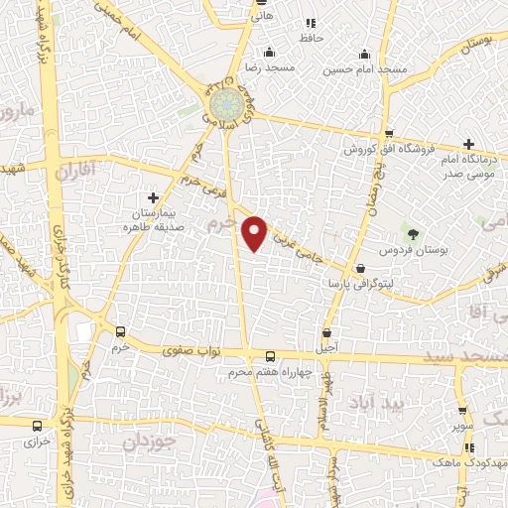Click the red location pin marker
pos(255,231)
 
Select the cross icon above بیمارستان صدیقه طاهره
pos(152,198)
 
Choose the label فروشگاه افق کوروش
pos(383,150)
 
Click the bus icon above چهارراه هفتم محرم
pos(270,357)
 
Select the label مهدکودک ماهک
pos(442,462)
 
